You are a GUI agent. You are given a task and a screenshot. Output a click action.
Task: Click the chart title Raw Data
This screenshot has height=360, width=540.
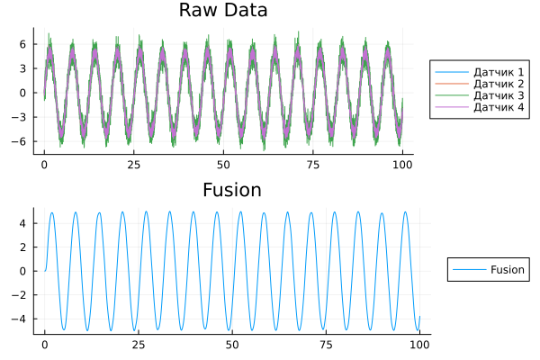(223, 11)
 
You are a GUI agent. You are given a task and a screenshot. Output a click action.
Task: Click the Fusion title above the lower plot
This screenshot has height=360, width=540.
(232, 191)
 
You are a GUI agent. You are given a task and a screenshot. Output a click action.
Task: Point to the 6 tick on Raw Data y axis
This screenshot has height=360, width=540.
(25, 44)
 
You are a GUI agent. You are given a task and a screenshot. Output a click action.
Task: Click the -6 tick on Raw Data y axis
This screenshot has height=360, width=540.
(23, 141)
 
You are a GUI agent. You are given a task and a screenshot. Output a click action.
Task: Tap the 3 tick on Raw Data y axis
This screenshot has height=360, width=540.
(25, 68)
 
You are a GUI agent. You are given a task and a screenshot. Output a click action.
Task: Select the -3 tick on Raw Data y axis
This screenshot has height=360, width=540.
(23, 117)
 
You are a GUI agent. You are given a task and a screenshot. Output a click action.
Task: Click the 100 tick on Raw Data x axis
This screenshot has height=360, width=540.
(403, 166)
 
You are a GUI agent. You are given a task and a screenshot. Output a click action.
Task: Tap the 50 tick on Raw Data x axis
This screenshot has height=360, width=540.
(224, 166)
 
